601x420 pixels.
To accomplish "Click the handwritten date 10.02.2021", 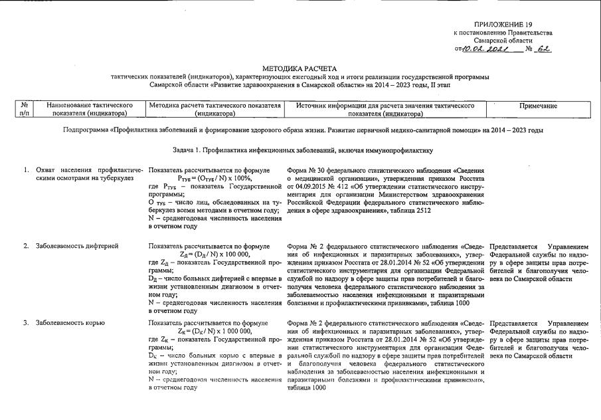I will pyautogui.click(x=485, y=49).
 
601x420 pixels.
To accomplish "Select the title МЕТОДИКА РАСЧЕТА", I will pyautogui.click(x=300, y=68).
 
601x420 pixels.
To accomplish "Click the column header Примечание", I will pyautogui.click(x=538, y=106).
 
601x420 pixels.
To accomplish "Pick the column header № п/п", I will pyautogui.click(x=24, y=110).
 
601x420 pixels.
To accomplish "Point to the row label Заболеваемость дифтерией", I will pyautogui.click(x=77, y=246).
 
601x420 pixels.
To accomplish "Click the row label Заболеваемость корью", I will pyautogui.click(x=70, y=323).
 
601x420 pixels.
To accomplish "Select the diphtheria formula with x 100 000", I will pyautogui.click(x=215, y=254).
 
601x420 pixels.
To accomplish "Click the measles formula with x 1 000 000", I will pyautogui.click(x=215, y=331).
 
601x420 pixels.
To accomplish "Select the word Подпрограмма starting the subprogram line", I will pyautogui.click(x=90, y=130).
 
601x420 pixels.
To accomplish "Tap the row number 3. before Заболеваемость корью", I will pyautogui.click(x=27, y=323).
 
